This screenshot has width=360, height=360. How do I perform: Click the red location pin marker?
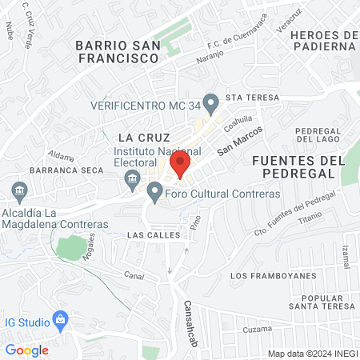tap(180, 165)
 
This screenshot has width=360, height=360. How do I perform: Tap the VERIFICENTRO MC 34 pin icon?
tap(211, 102)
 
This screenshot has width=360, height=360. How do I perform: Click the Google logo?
tap(26, 350)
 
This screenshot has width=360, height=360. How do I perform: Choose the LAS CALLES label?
tap(149, 236)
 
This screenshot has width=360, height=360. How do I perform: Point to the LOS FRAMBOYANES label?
tap(267, 275)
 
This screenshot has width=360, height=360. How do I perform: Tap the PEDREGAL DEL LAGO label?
tap(318, 135)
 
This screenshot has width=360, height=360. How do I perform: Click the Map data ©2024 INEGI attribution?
tap(312, 354)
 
